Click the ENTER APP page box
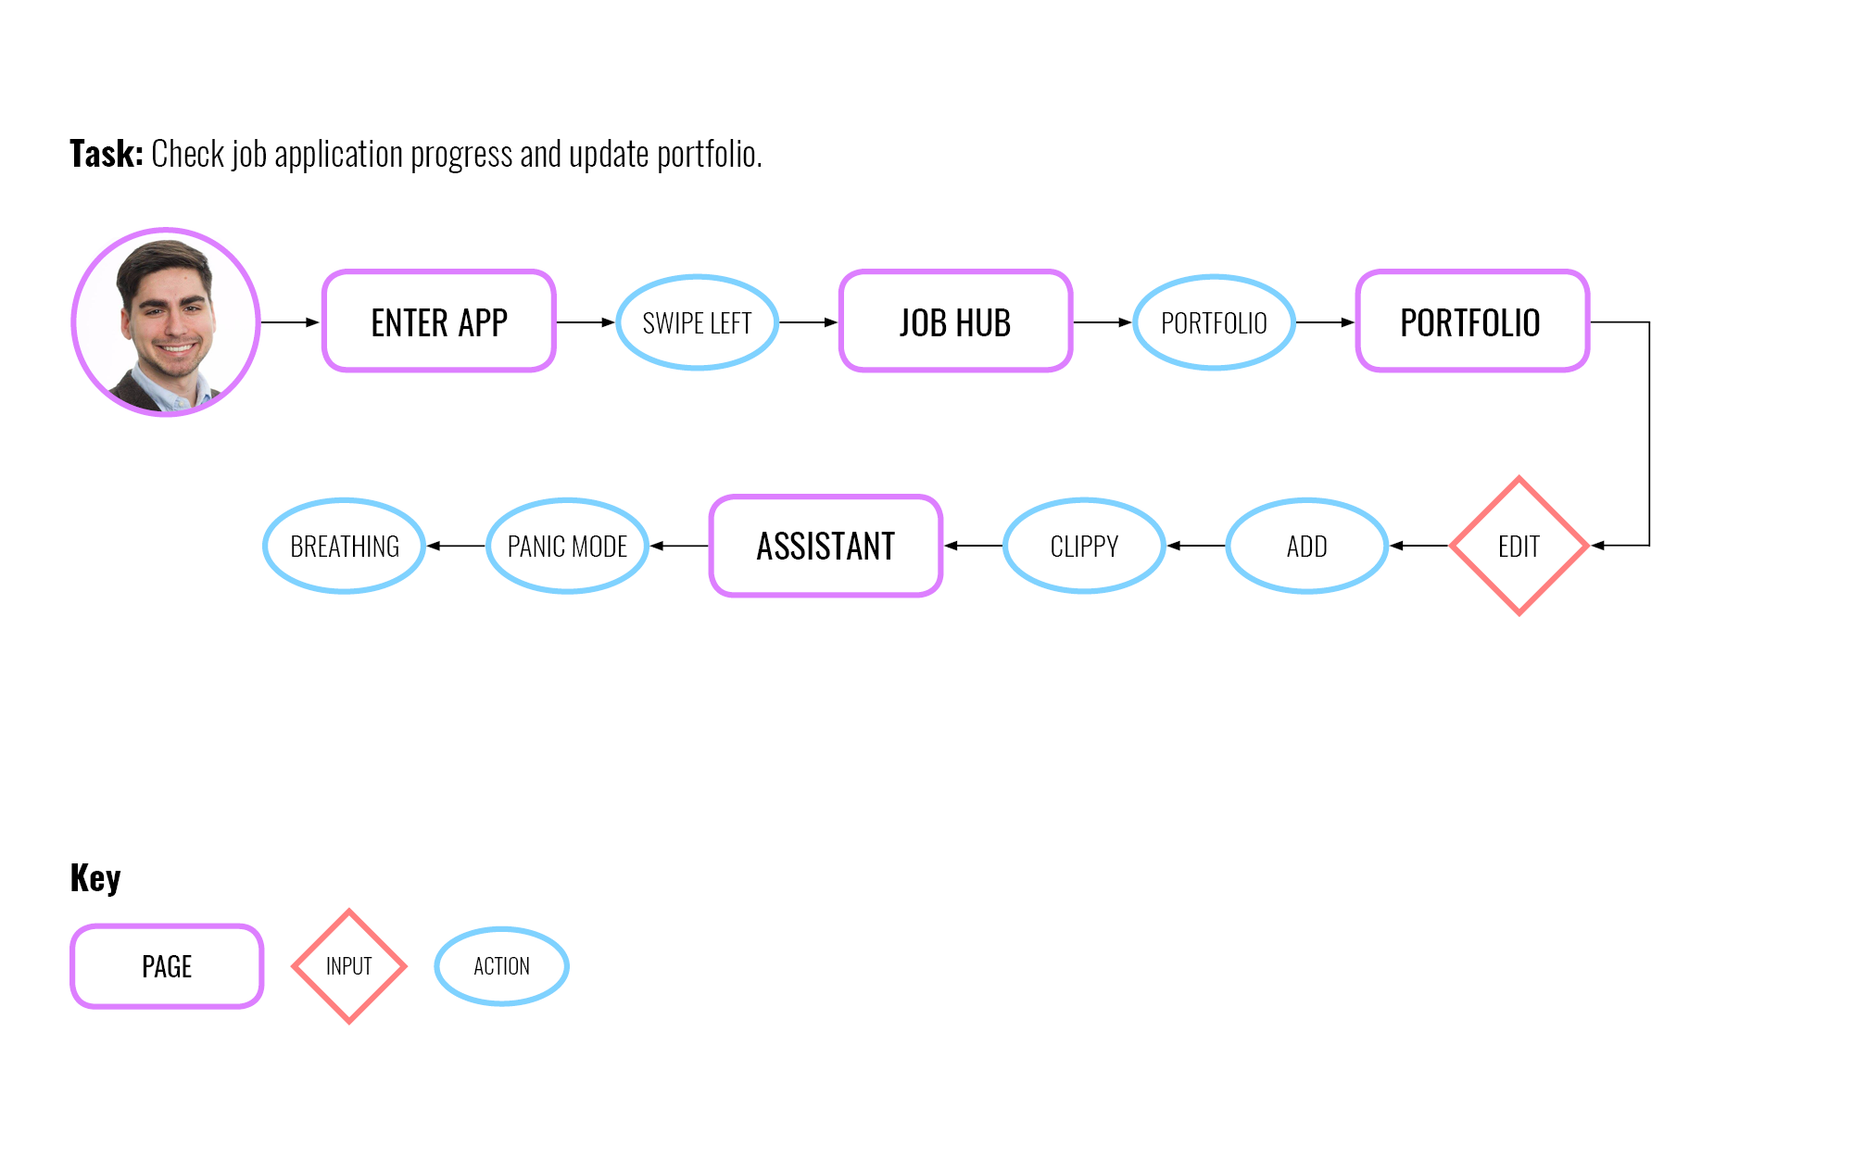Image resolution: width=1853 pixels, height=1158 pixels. [439, 321]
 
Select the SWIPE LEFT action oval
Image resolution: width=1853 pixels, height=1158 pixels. [697, 322]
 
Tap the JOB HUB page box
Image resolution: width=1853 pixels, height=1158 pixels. [955, 321]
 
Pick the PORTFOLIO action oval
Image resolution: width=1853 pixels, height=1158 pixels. [1214, 322]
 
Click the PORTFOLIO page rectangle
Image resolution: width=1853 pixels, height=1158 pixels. [1472, 321]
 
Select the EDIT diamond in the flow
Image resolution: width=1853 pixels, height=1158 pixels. [1519, 546]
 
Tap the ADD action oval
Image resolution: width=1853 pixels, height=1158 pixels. [1306, 546]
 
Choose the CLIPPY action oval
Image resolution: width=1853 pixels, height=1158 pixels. [1084, 546]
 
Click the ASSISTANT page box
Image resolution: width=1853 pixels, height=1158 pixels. [826, 546]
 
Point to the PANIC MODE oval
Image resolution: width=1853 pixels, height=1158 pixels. [567, 546]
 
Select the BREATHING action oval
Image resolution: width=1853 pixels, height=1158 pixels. [345, 546]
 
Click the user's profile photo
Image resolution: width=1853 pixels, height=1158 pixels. [166, 321]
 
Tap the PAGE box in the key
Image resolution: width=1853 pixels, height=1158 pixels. [167, 966]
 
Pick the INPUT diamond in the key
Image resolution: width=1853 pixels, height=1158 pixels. [349, 966]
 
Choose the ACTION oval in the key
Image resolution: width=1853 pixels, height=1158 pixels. [501, 966]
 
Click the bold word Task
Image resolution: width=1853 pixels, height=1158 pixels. [106, 154]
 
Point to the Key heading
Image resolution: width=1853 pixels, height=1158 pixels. [95, 877]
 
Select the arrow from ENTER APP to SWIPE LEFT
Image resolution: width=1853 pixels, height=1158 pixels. [586, 322]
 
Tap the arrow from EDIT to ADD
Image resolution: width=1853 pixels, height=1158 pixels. [1418, 546]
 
